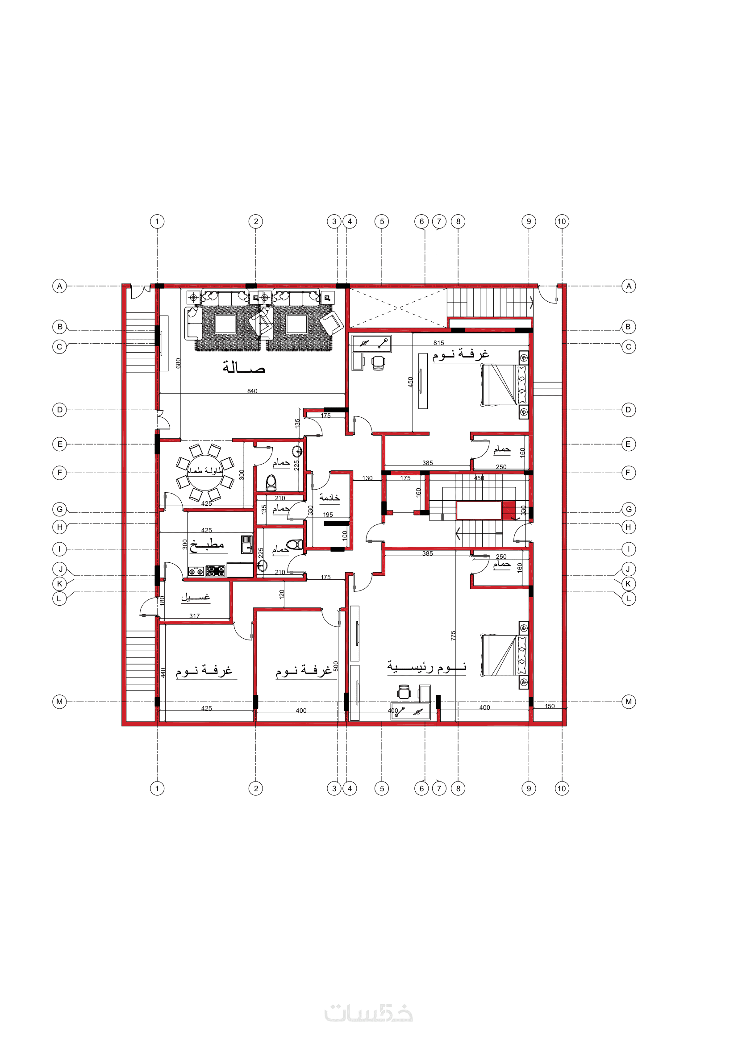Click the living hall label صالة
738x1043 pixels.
coord(244,366)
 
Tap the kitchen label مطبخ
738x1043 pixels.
coord(207,544)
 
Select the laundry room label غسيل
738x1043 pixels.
coord(196,596)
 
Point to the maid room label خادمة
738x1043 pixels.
coord(329,498)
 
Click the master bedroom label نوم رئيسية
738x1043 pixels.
coord(427,667)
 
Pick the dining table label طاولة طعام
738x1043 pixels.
coord(205,470)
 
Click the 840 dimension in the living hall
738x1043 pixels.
coord(252,391)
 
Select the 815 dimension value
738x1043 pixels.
coord(438,343)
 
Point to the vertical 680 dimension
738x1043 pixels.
coord(178,363)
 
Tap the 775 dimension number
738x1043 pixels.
coord(453,636)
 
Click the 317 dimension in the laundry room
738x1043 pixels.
coord(195,616)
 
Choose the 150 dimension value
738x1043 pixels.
coord(550,706)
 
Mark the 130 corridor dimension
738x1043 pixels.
coord(367,478)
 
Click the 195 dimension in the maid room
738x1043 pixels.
coord(328,515)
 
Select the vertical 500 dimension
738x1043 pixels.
coord(336,666)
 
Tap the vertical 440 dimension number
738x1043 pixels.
coord(163,672)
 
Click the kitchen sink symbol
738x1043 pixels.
coord(247,544)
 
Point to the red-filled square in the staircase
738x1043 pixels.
coord(509,510)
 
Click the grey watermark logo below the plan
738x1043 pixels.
coord(368,1013)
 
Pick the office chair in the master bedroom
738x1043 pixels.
coord(404,692)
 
